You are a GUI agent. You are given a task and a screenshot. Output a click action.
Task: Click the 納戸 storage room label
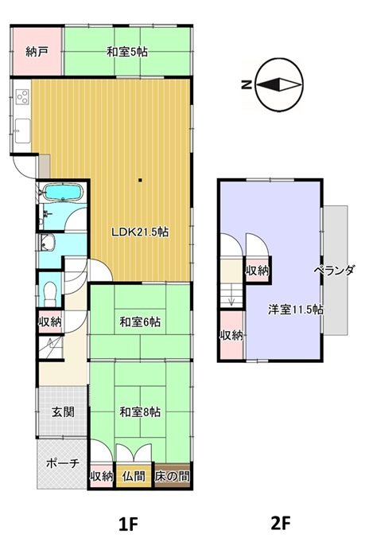click(37, 52)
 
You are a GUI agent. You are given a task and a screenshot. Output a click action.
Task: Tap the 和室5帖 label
click(127, 53)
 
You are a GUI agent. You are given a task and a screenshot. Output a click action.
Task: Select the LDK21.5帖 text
click(140, 232)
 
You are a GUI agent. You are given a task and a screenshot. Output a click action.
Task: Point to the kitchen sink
click(22, 131)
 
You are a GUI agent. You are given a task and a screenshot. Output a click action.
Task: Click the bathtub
click(64, 192)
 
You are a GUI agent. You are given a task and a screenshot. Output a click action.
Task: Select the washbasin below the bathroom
click(47, 243)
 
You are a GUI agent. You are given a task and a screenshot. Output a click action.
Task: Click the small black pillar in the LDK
click(140, 180)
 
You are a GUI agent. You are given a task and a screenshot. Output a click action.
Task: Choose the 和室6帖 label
click(140, 322)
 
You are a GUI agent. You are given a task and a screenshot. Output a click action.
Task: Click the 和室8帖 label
click(140, 411)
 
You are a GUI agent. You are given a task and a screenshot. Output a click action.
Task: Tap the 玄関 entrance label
click(63, 411)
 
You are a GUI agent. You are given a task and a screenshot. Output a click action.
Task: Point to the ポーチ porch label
click(63, 463)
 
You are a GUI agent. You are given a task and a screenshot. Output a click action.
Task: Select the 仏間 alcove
click(134, 476)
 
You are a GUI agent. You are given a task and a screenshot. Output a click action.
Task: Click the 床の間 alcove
click(172, 476)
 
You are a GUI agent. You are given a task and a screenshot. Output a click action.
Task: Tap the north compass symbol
click(280, 84)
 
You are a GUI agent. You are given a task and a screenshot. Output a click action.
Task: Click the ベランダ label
click(334, 271)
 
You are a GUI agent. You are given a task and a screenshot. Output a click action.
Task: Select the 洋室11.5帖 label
click(295, 310)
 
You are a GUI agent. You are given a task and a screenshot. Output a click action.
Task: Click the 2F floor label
click(280, 523)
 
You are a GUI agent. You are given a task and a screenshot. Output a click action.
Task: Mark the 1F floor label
click(128, 523)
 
